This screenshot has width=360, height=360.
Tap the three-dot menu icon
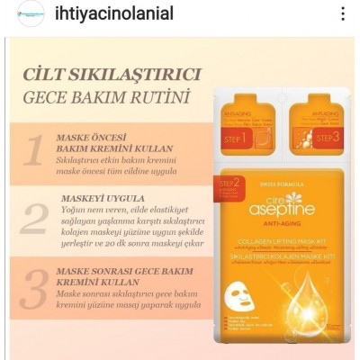coord(342,14)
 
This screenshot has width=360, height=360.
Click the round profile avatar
coord(28,15)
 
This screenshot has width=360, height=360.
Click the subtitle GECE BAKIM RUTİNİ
coord(112,96)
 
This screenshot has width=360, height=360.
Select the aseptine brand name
coord(278,208)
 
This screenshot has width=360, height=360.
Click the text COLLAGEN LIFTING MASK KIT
coord(279,241)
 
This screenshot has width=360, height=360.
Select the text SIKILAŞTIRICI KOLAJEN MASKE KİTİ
coord(279,256)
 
